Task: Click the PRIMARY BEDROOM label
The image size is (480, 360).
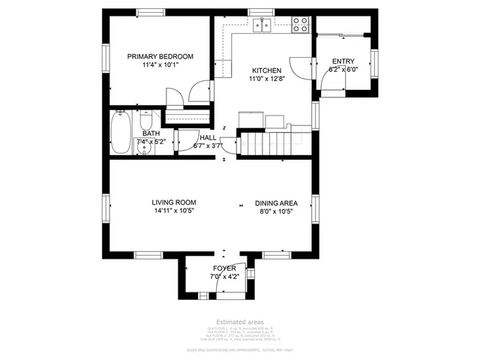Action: click(x=160, y=56)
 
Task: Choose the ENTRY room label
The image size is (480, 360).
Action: click(x=343, y=61)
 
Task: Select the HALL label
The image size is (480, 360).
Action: click(x=208, y=138)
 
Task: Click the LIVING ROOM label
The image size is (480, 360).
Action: click(x=173, y=202)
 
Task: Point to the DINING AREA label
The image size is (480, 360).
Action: click(x=277, y=202)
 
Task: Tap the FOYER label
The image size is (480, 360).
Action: click(x=224, y=268)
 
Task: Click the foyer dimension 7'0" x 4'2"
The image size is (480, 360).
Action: click(x=224, y=277)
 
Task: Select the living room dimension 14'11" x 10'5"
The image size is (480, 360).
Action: click(x=173, y=211)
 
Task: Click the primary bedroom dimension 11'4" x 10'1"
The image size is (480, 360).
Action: click(x=160, y=65)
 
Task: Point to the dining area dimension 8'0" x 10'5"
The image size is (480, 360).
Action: click(x=277, y=211)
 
